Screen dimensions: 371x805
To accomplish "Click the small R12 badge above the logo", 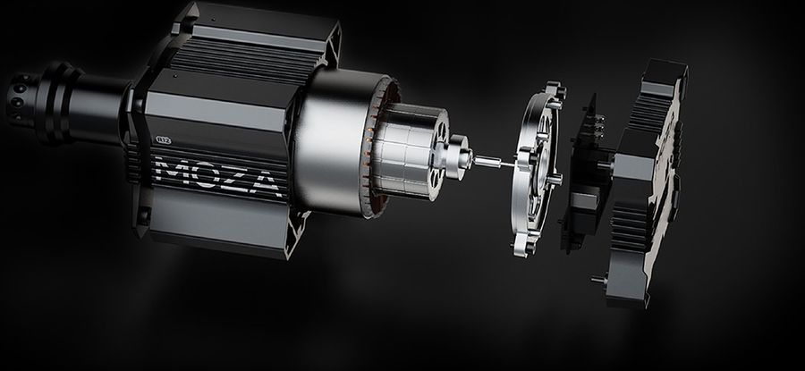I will [165, 140].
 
